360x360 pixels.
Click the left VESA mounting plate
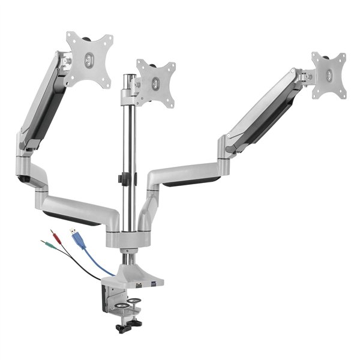tap(89, 58)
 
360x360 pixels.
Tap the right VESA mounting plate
tap(329, 74)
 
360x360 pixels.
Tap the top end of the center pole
tap(127, 77)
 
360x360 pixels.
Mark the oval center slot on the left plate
tap(89, 59)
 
